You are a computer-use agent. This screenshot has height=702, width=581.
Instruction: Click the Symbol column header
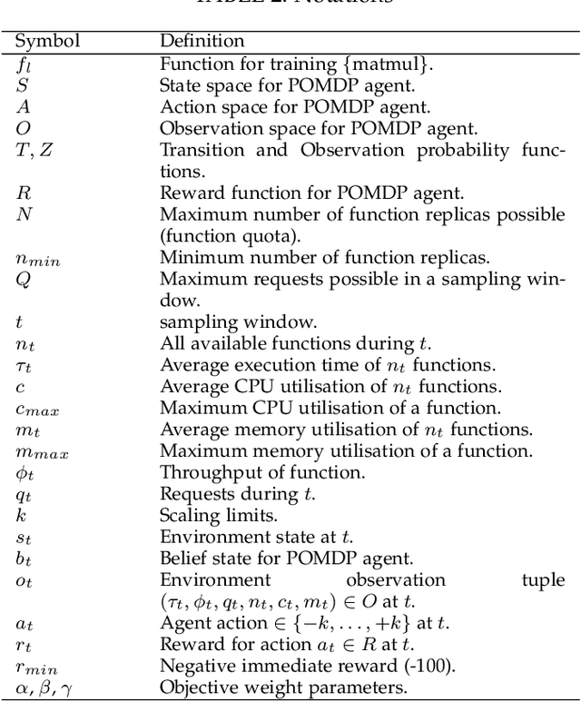point(48,41)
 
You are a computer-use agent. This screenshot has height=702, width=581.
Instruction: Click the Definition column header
point(202,41)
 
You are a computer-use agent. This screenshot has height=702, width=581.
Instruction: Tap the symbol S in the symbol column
point(23,87)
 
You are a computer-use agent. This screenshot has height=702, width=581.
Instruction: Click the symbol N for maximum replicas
point(25,215)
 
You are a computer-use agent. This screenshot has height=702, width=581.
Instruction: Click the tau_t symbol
point(25,366)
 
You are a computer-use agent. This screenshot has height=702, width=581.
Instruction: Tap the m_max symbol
point(38,451)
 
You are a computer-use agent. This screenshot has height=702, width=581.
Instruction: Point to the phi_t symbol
point(25,472)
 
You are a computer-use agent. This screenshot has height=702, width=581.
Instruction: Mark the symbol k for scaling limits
point(21,515)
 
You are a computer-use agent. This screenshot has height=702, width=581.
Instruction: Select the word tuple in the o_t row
point(542,579)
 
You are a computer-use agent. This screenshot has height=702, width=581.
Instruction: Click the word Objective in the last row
point(195,687)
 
